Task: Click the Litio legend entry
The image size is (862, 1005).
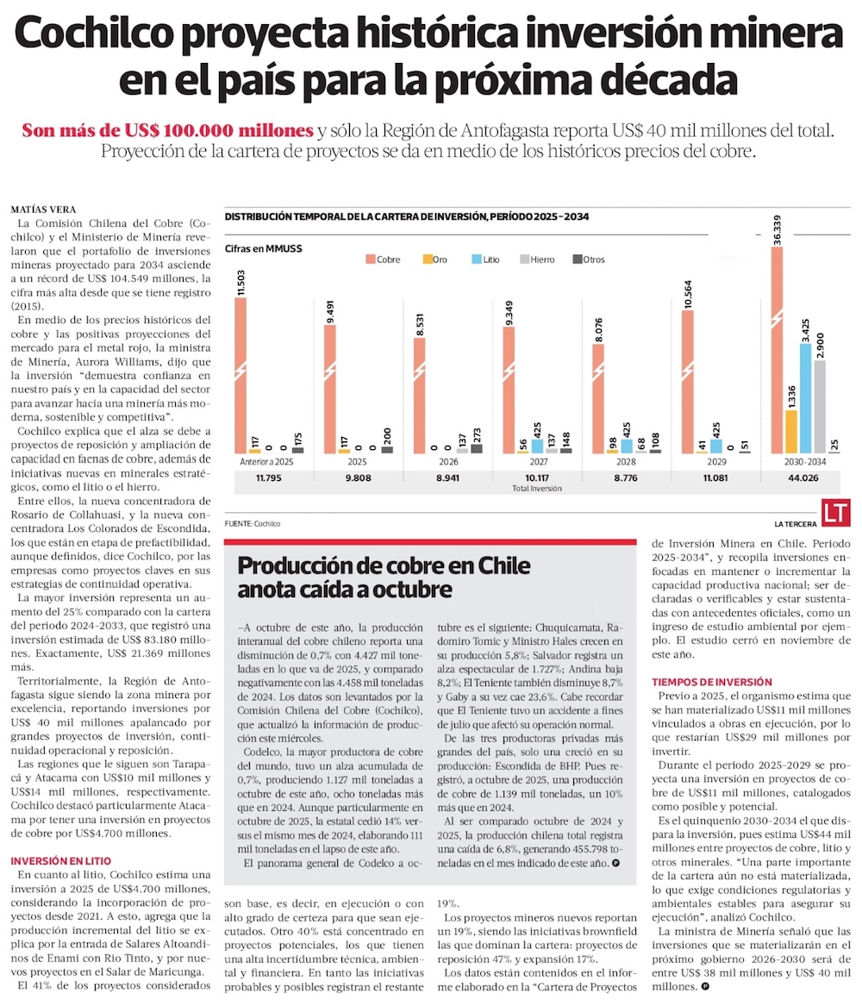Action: click(489, 259)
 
